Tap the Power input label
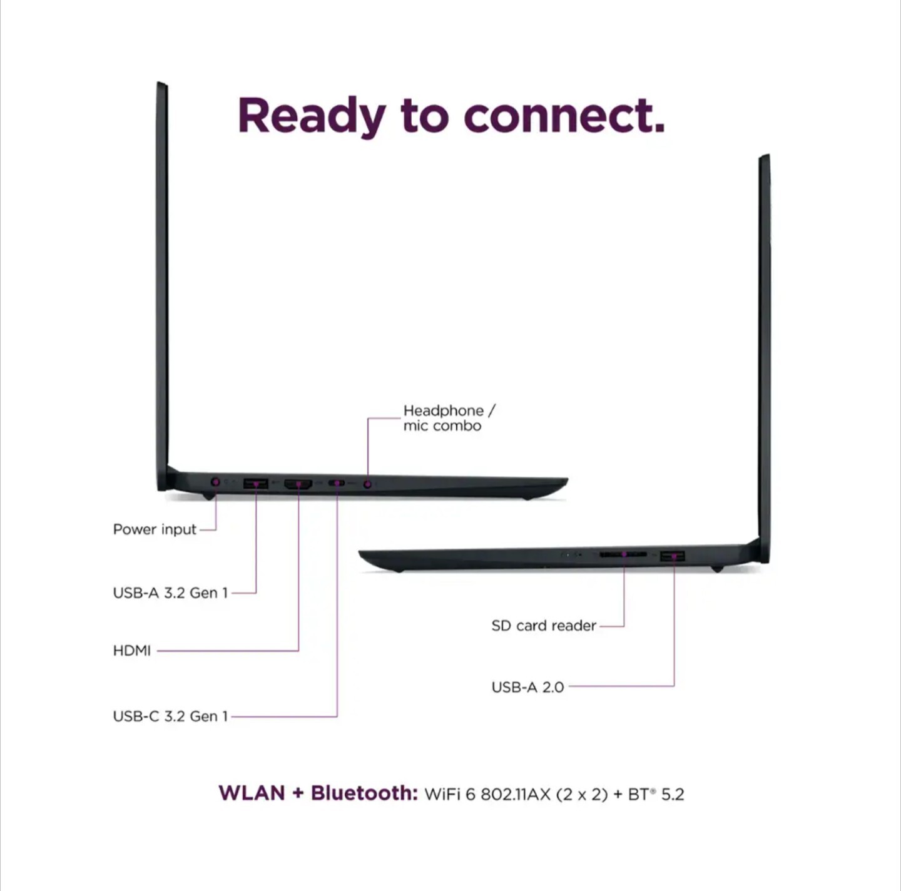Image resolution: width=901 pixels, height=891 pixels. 155,529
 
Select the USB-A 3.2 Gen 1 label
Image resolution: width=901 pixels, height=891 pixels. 170,593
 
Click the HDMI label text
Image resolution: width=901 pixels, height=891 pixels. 132,651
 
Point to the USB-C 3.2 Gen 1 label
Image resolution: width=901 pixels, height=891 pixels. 170,716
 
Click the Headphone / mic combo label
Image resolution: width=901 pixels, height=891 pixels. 449,418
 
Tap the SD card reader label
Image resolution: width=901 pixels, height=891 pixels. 544,625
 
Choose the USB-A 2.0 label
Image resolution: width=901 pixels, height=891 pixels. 528,687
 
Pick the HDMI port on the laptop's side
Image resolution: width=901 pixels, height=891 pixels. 298,484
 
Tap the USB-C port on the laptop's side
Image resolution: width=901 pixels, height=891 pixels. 337,483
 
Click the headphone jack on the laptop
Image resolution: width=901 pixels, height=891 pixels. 367,484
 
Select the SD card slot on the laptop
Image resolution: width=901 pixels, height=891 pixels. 623,555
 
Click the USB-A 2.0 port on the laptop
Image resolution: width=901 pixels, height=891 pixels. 673,556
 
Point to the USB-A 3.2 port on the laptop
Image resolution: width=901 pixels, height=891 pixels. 256,483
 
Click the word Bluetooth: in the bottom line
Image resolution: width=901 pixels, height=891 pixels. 364,793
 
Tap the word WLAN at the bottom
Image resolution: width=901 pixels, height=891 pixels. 252,793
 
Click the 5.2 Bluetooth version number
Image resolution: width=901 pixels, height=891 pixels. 673,794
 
